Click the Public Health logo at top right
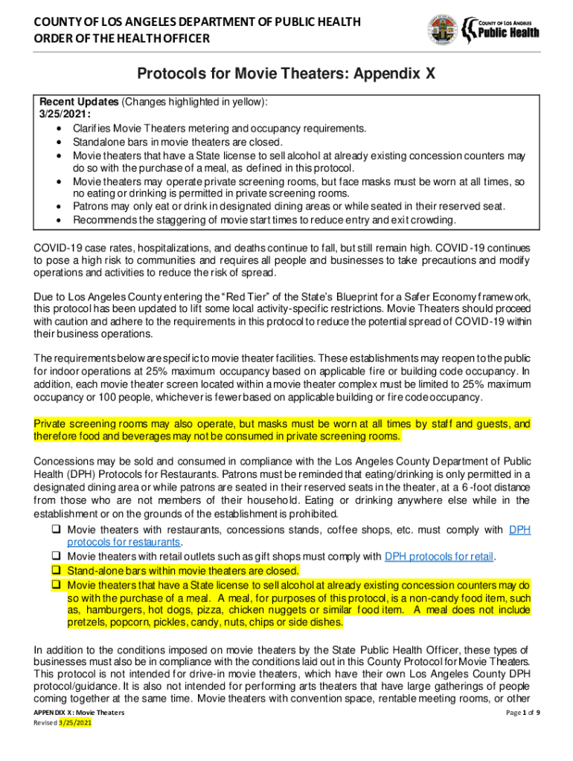(510, 30)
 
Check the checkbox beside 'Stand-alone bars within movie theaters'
(56, 571)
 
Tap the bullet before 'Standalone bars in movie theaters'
(58, 142)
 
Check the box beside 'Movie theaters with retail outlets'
(56, 557)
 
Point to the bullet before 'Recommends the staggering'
(58, 220)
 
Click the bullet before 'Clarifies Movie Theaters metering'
(58, 129)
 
